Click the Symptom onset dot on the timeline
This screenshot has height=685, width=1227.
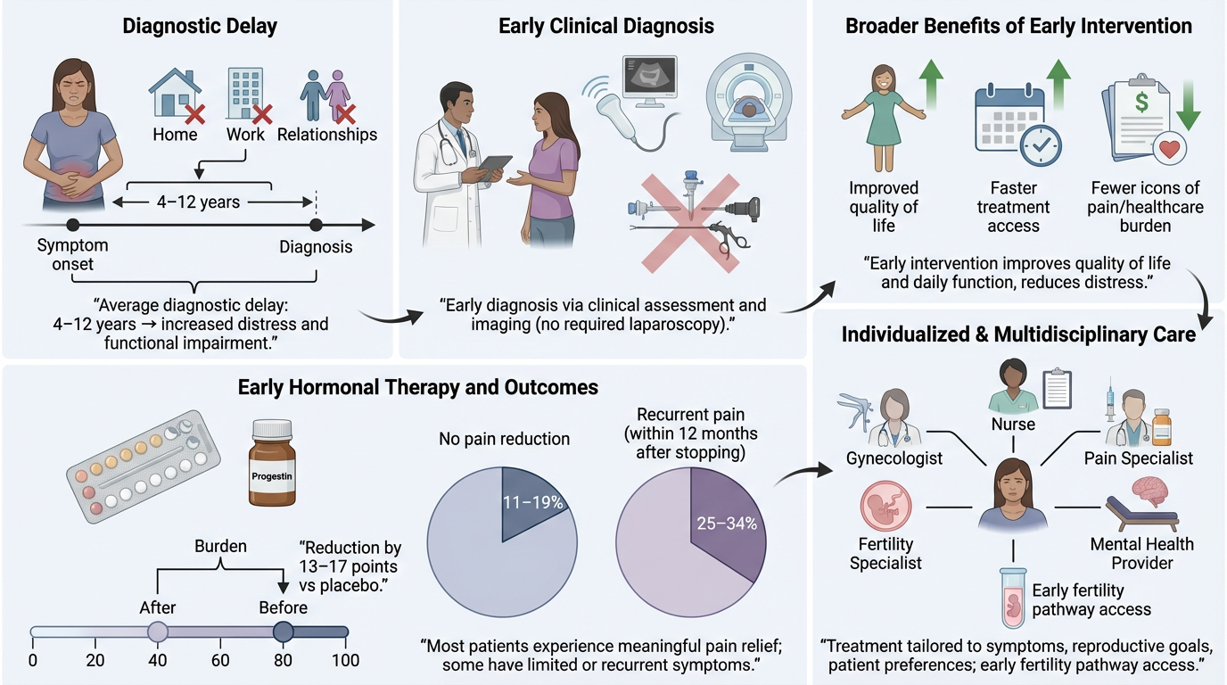73,226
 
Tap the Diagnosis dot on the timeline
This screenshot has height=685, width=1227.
315,226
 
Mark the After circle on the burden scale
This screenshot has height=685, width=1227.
158,632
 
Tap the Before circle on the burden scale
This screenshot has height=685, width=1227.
284,632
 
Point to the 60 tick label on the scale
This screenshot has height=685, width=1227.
220,661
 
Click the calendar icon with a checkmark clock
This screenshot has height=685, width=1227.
1013,123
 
